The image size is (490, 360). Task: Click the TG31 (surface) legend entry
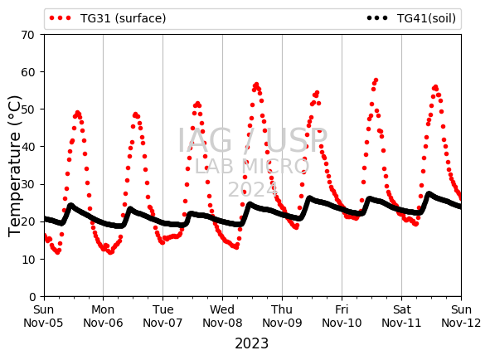click(108, 18)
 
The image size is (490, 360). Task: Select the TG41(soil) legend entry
click(411, 18)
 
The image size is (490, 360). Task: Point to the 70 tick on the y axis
click(28, 35)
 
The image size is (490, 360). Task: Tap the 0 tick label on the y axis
click(32, 296)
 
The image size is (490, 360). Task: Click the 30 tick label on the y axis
click(28, 184)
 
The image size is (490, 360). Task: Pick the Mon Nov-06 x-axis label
click(103, 316)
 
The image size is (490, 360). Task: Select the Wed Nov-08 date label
click(222, 316)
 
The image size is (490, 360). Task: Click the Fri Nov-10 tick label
click(342, 316)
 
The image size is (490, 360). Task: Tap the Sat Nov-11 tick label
click(401, 316)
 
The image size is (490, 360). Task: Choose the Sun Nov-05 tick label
click(43, 316)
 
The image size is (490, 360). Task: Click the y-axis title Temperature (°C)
click(14, 166)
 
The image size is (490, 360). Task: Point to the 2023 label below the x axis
click(251, 343)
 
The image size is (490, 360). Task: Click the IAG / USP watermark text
click(253, 140)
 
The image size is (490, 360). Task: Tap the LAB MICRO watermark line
click(252, 167)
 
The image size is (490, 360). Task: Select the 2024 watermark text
click(253, 189)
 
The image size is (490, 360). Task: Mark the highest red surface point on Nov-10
click(376, 80)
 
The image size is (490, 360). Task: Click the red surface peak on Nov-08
click(256, 85)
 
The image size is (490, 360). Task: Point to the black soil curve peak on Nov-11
click(429, 194)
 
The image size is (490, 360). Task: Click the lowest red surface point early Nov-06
click(110, 252)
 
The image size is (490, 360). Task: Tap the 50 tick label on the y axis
click(28, 109)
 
